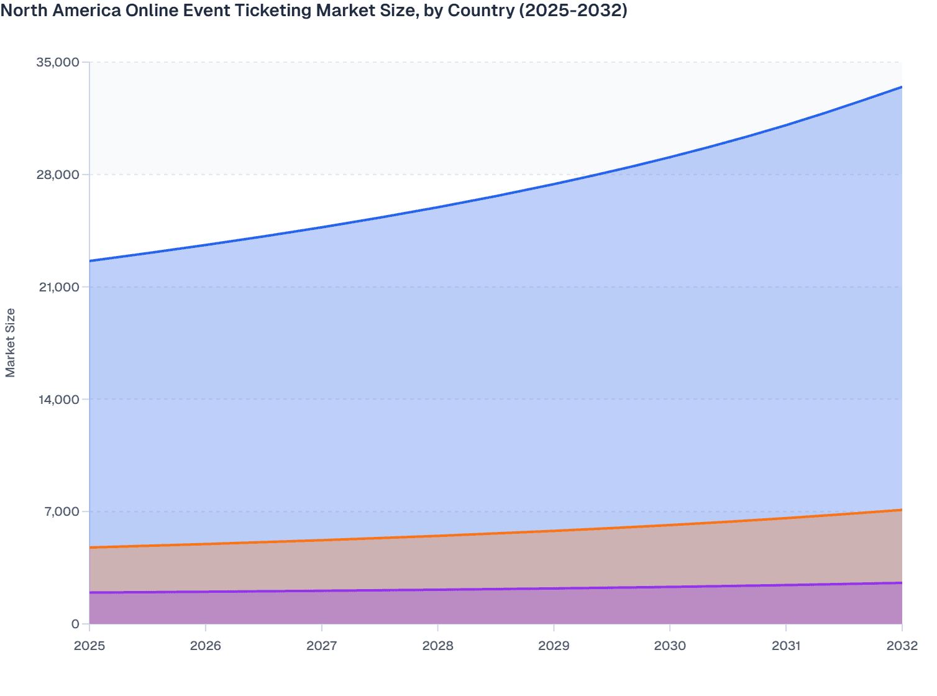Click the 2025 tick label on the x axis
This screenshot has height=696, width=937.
coord(89,646)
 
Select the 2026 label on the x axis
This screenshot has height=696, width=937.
coord(206,646)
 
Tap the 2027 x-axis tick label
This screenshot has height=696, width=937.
coord(322,646)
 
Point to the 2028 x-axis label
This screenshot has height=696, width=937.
coord(438,646)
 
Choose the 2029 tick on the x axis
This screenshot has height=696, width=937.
coord(554,646)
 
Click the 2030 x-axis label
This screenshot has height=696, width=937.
coord(670,646)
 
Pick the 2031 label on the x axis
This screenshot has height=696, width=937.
coord(786,646)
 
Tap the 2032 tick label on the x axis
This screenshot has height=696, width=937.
coord(902,646)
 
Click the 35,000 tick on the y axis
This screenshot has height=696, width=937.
coord(58,62)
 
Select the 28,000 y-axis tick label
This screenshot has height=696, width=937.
coord(58,175)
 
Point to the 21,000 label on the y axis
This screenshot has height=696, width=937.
coord(58,287)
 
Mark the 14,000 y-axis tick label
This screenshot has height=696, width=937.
coord(58,400)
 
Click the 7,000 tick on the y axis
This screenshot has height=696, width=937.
coord(62,512)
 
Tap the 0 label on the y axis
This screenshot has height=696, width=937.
coord(75,625)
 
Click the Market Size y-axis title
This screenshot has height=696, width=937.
coord(11,342)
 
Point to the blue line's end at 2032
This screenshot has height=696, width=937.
coord(902,87)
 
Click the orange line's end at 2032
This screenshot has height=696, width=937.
coord(902,510)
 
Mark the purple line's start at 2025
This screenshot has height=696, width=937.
coord(90,592)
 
